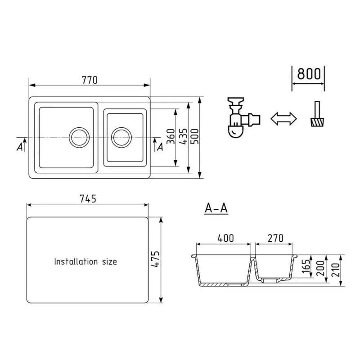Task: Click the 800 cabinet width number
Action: [309, 74]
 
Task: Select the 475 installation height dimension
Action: [155, 260]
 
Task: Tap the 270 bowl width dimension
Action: [275, 238]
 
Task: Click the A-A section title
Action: [216, 209]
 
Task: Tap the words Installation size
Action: [85, 261]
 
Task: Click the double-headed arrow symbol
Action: [284, 118]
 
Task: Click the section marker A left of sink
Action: [20, 146]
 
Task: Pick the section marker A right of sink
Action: [159, 146]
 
